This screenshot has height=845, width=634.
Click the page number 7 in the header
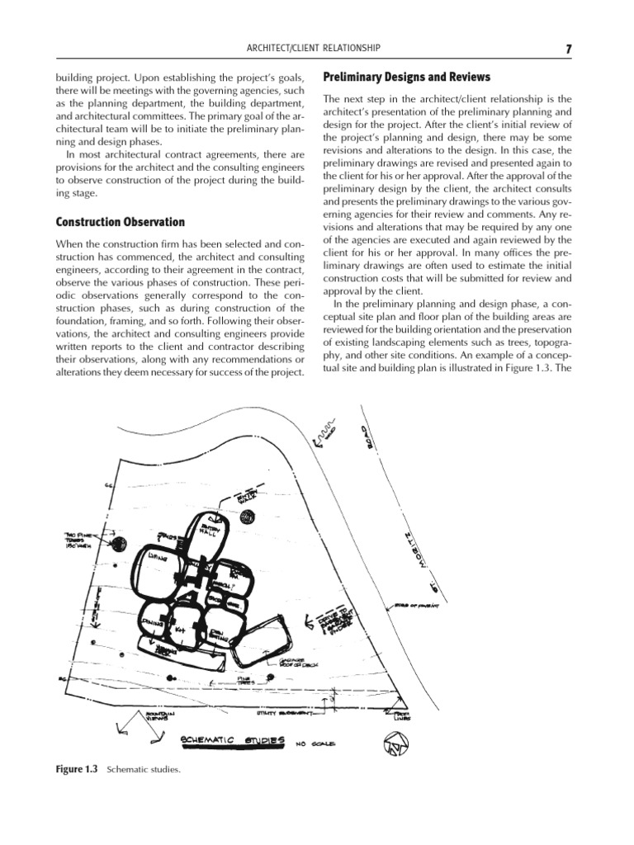click(x=569, y=50)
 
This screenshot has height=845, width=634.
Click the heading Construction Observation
click(x=120, y=222)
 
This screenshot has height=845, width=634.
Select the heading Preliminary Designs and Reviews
click(x=406, y=77)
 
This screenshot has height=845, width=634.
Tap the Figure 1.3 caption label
click(x=76, y=769)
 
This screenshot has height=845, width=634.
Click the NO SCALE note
click(x=315, y=744)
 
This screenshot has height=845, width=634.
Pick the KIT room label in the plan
click(x=180, y=630)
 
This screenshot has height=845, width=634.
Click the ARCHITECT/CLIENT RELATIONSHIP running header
click(x=316, y=50)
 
